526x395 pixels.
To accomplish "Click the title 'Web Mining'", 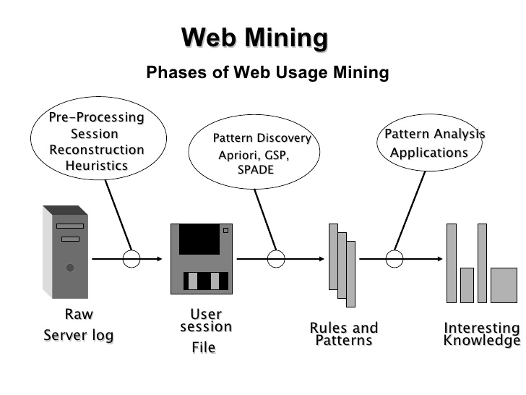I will coord(254,38).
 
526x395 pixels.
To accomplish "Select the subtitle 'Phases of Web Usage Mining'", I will coord(267,72).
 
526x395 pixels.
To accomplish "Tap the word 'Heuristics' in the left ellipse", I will coord(97,166).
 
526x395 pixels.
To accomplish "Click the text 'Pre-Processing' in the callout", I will coord(96,117).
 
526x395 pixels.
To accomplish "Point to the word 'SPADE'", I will coord(256,170).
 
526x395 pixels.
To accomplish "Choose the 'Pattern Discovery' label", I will coord(262,138).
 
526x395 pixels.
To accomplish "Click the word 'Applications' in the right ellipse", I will coord(429,153).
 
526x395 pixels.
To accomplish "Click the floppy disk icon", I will coord(202,258).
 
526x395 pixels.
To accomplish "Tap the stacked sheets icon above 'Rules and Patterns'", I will coord(342,264).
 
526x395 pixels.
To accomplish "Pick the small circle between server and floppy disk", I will coord(131,259).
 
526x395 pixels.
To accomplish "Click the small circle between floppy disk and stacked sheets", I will coord(276,259).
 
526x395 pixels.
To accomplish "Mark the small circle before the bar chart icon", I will coord(394,259).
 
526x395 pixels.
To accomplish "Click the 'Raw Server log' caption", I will coord(79,325).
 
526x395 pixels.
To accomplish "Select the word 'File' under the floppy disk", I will coord(204,348).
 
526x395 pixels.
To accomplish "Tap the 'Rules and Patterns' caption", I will coord(344,334).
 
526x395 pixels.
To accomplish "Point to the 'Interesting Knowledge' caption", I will coord(482,334).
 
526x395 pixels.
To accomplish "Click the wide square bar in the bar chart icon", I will coord(504,285).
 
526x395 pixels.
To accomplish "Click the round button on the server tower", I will coord(70,268).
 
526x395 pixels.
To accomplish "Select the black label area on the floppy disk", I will coord(199,239).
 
